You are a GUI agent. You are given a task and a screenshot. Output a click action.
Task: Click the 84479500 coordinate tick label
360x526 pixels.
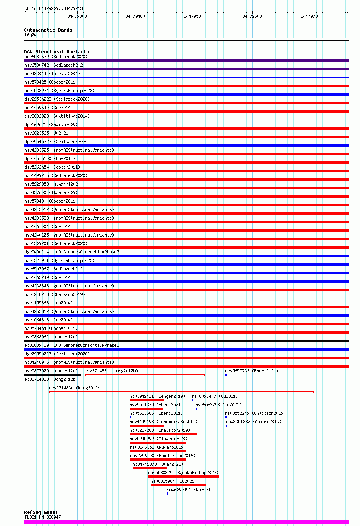[x=193, y=16]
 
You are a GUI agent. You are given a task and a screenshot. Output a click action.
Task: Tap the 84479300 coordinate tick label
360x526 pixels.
[x=77, y=16]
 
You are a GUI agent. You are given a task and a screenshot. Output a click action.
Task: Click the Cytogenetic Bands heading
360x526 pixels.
[x=48, y=30]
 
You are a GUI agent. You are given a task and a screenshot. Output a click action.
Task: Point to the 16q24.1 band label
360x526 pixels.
[x=33, y=35]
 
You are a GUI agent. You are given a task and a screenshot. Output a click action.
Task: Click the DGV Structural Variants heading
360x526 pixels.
[x=56, y=52]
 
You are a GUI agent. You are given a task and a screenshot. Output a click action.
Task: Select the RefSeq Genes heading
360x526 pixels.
[x=41, y=512]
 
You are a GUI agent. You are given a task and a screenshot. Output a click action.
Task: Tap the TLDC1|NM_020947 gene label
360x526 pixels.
[x=42, y=517]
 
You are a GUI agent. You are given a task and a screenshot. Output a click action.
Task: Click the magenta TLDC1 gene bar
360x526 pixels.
[x=186, y=522]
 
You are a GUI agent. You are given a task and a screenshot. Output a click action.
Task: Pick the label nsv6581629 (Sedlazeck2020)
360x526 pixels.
[x=56, y=57]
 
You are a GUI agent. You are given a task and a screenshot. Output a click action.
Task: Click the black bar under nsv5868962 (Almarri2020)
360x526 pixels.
[x=186, y=341]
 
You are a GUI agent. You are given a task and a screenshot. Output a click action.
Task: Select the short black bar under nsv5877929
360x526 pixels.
[x=53, y=375]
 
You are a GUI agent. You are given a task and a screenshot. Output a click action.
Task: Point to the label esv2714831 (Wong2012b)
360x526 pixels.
[x=111, y=371]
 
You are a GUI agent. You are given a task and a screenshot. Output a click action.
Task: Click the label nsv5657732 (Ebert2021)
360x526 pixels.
[x=252, y=371]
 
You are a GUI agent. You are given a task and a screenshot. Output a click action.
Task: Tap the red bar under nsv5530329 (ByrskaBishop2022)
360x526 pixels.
[x=184, y=477]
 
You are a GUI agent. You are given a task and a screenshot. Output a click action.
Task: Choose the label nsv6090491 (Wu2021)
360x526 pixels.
[x=190, y=490]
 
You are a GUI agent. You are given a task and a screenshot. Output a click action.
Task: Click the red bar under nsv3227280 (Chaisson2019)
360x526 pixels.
[x=163, y=434]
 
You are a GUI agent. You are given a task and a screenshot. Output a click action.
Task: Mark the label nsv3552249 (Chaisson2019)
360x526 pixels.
[x=255, y=413]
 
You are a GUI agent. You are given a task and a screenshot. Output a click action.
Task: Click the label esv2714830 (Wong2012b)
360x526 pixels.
[x=76, y=388]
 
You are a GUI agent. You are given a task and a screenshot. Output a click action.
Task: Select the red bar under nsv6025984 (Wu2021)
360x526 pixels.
[x=178, y=485]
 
